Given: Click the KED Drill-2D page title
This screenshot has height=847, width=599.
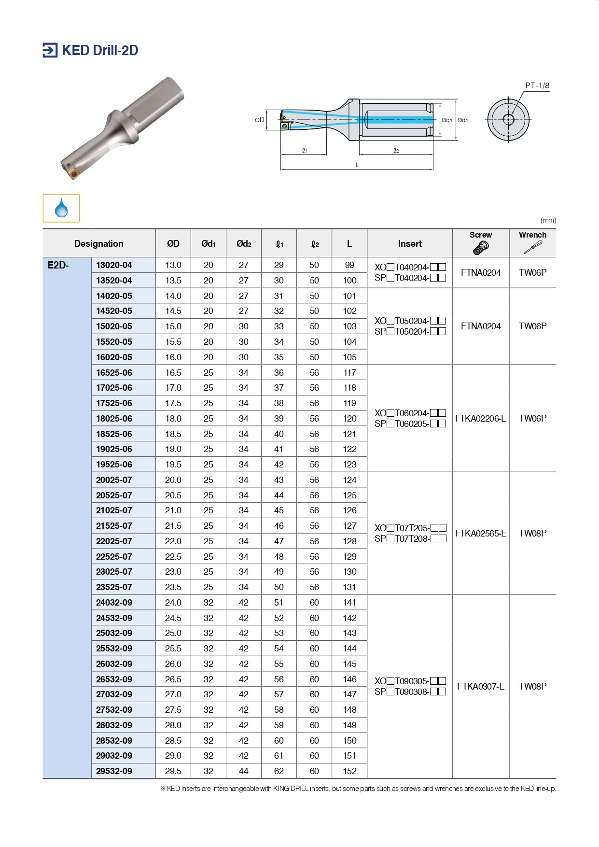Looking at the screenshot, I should [x=100, y=50].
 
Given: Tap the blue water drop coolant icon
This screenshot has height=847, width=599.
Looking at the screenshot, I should [x=61, y=208].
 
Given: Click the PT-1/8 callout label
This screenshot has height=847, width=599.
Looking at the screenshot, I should [x=537, y=85].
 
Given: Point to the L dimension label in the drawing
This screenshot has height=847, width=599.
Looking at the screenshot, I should [x=357, y=165].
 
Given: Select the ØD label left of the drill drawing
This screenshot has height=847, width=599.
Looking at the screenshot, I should [x=260, y=120].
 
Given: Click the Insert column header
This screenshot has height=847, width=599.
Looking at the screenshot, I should [x=410, y=244].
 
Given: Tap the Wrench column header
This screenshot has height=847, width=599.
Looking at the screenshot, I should [x=532, y=235].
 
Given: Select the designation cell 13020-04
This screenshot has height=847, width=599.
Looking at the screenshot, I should [x=114, y=265].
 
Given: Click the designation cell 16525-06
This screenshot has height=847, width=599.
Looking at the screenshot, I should [x=114, y=373].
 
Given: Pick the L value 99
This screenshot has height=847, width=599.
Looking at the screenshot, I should [x=349, y=265].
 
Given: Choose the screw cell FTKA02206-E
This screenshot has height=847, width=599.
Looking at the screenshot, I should [x=481, y=419].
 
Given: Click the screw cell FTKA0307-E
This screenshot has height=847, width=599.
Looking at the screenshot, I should [x=481, y=687].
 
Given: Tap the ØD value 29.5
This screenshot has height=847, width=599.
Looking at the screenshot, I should [x=173, y=771].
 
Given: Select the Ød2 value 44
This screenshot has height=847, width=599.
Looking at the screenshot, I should [x=244, y=771].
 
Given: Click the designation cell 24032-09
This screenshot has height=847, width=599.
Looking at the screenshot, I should [x=114, y=603].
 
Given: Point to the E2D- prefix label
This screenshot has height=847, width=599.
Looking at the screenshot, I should [x=58, y=265].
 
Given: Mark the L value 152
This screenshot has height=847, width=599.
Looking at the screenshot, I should [x=349, y=771].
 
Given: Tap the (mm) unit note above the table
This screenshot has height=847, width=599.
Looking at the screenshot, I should [x=548, y=220].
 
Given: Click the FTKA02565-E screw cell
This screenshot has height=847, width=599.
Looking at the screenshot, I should [x=481, y=534].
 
